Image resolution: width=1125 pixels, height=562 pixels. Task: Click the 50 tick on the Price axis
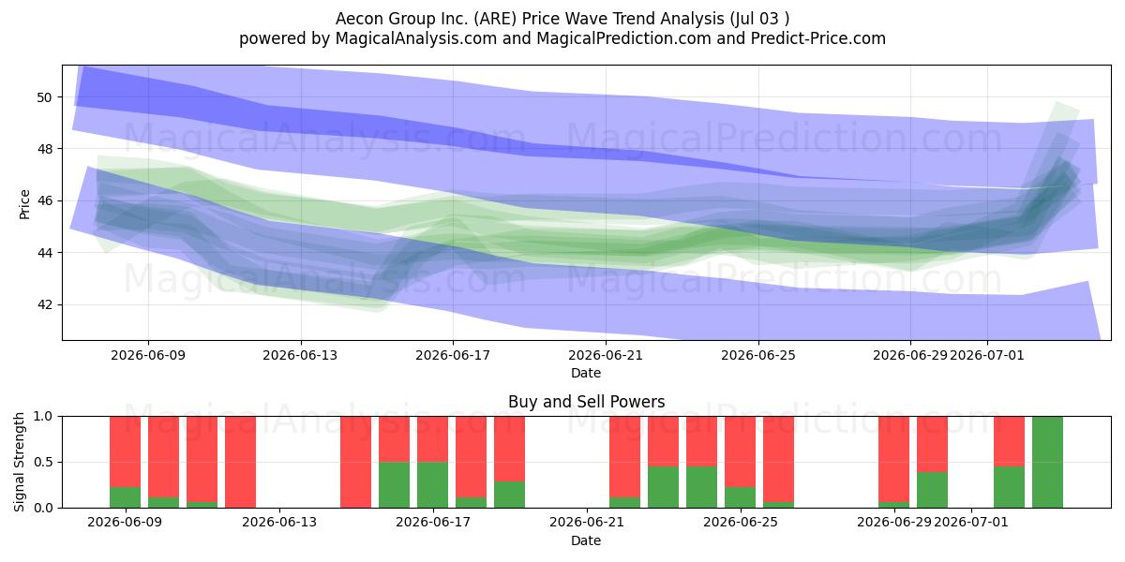click(x=44, y=97)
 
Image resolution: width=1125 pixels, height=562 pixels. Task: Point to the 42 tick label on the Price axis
click(x=44, y=305)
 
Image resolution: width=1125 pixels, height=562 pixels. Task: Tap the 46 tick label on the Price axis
click(x=44, y=201)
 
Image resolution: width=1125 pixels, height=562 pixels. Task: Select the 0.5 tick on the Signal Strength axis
click(x=43, y=462)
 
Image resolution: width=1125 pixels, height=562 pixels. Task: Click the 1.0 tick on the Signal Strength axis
click(x=43, y=417)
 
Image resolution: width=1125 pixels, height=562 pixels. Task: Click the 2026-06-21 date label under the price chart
click(x=606, y=355)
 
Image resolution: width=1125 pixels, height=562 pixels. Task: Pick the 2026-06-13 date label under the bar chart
click(x=279, y=523)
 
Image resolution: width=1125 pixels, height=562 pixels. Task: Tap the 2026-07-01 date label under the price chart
click(x=987, y=355)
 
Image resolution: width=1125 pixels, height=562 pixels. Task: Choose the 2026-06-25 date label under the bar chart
click(x=741, y=523)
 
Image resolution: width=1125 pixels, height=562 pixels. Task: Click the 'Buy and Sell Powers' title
click(x=586, y=402)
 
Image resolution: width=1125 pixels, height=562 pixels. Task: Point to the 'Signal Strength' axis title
click(x=19, y=462)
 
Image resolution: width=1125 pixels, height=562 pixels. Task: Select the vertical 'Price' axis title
click(x=24, y=204)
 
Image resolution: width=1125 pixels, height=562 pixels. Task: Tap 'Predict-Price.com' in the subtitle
click(x=818, y=38)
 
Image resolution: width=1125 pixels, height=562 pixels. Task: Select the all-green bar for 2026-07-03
click(x=1048, y=462)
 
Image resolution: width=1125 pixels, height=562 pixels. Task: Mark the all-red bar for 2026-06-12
click(x=241, y=462)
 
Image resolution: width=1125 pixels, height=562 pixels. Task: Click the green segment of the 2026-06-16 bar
click(x=395, y=485)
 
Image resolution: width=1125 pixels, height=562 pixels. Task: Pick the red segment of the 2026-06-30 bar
click(x=932, y=444)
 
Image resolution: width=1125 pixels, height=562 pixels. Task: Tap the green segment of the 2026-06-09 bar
click(x=125, y=497)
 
